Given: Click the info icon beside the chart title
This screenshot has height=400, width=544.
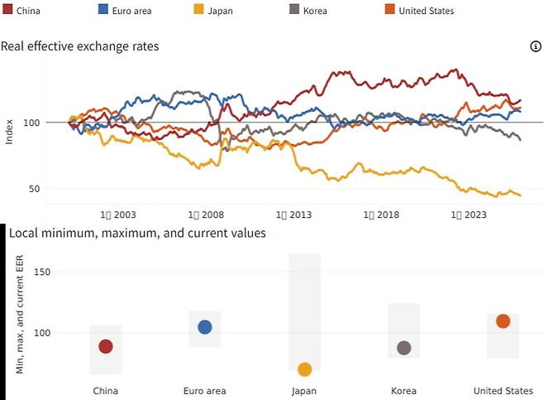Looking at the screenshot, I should coord(535,46).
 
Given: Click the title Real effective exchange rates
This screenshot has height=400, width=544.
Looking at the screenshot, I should coord(80,46).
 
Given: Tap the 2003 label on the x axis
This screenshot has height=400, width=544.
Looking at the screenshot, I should coord(118,215).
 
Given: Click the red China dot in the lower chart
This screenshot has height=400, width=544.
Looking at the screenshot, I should coord(106,346).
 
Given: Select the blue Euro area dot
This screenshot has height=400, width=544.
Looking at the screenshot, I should coord(205,327).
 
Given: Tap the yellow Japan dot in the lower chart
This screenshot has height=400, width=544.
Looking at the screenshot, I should coord(304,369).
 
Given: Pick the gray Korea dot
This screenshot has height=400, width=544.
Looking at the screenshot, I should coord(403,348).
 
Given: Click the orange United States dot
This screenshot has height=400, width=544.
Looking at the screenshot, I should coord(503,321).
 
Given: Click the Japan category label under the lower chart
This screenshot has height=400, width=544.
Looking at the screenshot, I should coord(304,391).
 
